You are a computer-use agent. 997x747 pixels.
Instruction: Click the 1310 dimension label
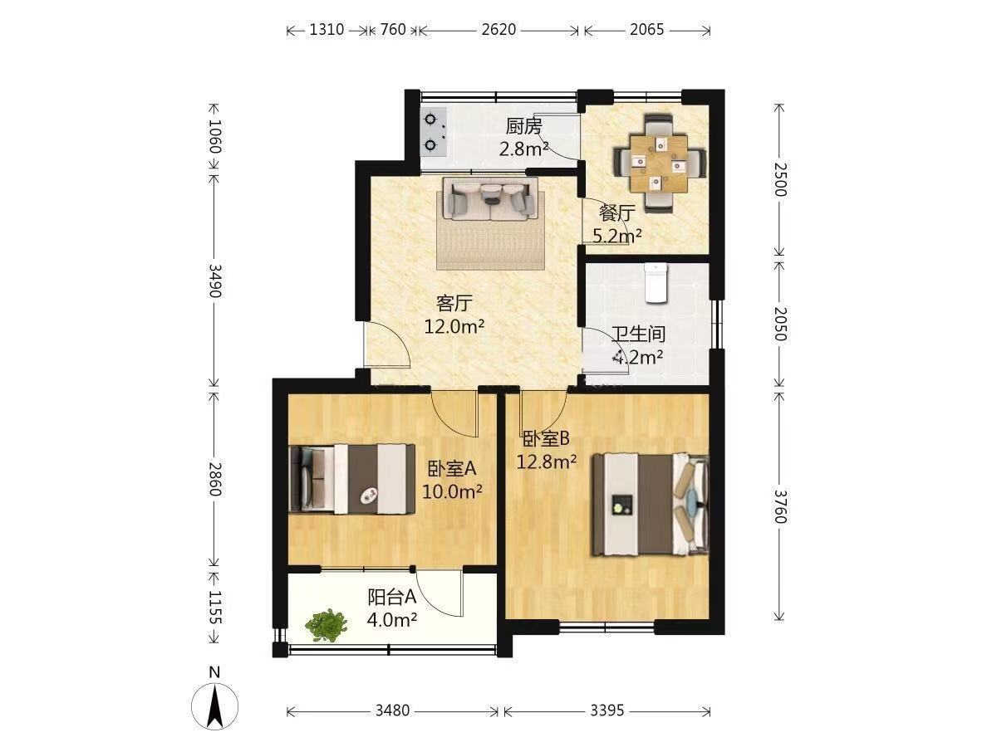coord(327,30)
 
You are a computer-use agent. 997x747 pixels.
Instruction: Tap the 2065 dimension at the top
coord(646,30)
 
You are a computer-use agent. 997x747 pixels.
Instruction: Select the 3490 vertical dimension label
coord(214,281)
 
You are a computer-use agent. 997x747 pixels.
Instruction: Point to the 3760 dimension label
coord(779,506)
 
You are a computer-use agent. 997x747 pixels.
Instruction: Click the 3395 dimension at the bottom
coord(607,710)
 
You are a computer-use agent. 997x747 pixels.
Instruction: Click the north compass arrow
coord(214,706)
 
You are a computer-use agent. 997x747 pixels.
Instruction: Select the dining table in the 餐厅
coord(658,164)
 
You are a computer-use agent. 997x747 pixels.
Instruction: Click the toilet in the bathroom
coord(656,282)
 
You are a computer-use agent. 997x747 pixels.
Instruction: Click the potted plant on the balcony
coord(327,626)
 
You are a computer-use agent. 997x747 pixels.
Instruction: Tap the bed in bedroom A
coord(352,479)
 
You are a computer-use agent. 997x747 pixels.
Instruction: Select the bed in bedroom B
coord(650,505)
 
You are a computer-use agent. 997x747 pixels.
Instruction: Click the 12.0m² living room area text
coord(454,325)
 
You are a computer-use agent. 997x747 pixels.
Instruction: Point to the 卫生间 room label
coord(638,334)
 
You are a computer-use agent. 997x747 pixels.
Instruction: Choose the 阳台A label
coord(391,598)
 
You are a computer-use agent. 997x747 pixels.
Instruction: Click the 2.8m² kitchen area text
coord(523,149)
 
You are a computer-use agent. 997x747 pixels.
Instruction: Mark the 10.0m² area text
coord(452,491)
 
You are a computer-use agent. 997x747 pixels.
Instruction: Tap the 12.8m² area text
coord(547,461)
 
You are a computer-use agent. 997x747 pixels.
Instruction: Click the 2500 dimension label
coord(779,179)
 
